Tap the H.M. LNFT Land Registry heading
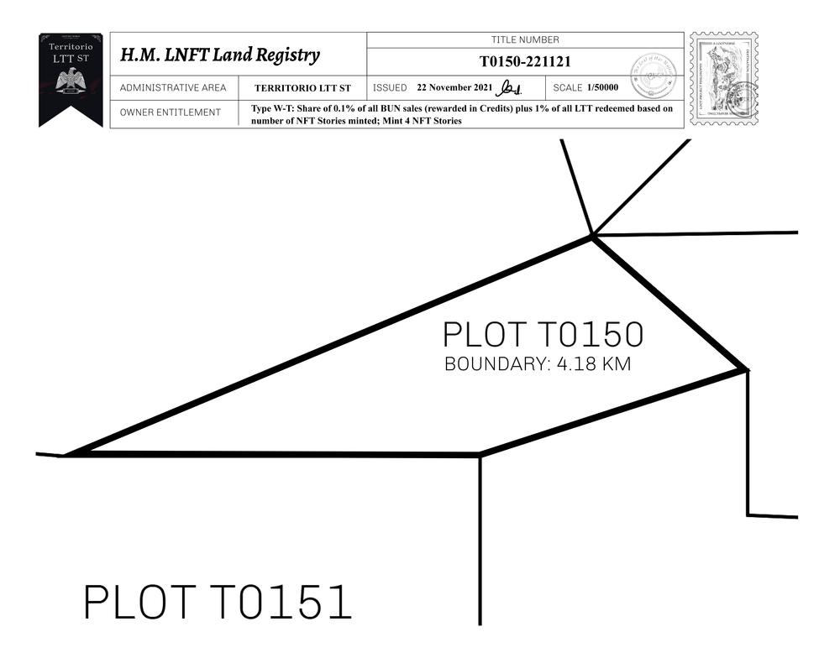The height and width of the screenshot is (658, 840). pos(219,55)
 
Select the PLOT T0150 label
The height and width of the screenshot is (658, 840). pos(543,335)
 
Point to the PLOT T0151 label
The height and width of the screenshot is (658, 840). pos(217,603)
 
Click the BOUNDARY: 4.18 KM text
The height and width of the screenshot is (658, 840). pos(537,365)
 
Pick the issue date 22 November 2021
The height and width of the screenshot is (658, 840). pos(454,87)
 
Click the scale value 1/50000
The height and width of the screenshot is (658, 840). pos(602,87)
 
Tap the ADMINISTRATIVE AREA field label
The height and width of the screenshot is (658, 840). pos(173,88)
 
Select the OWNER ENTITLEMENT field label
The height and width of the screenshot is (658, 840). pos(171,112)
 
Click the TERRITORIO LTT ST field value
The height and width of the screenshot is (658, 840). pos(302,88)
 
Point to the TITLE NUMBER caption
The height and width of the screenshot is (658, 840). pos(525,39)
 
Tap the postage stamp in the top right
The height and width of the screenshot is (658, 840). pos(723,79)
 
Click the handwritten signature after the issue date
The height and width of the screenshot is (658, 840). pos(509,87)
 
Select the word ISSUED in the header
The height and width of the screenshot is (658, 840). pos(390,87)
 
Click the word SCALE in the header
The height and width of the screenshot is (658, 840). pos(568,87)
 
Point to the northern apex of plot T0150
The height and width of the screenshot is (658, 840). pos(592,238)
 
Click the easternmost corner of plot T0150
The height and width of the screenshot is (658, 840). pos(745,368)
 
